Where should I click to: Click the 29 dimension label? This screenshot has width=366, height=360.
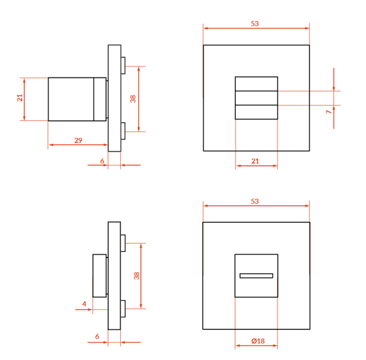[78, 140]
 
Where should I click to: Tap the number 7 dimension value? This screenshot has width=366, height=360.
[329, 112]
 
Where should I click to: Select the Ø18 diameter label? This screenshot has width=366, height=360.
[258, 341]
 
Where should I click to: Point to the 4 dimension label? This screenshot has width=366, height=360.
[84, 304]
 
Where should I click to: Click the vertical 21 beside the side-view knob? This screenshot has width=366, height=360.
[20, 98]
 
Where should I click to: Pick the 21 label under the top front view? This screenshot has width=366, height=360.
[255, 161]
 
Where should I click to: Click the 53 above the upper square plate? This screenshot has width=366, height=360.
[255, 24]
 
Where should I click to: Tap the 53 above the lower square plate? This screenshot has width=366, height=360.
[255, 201]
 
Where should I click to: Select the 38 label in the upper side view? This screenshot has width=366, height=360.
[133, 99]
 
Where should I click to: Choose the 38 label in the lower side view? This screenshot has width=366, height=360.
[137, 276]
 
